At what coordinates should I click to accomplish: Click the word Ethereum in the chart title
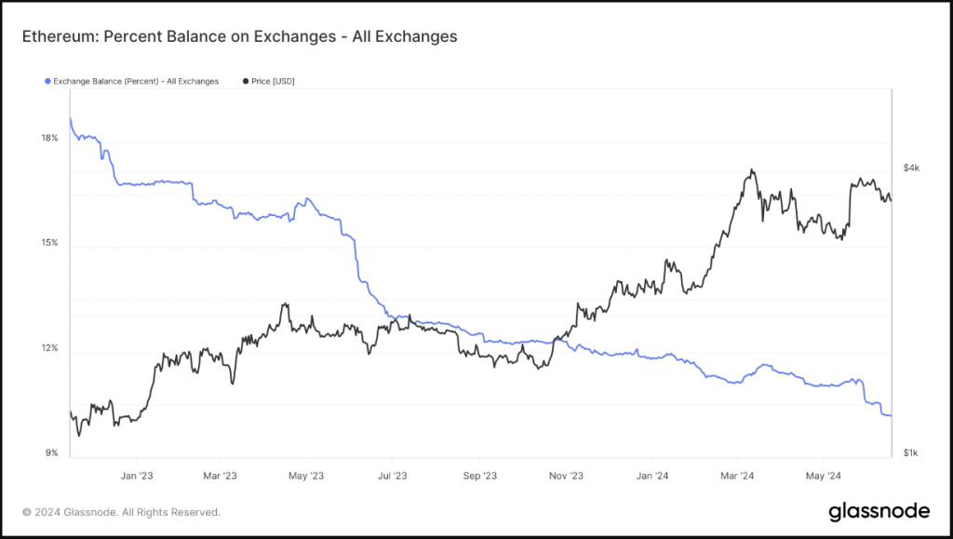pos(59,36)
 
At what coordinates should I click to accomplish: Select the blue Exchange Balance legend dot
pos(47,82)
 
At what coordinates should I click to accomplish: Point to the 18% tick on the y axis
pos(49,138)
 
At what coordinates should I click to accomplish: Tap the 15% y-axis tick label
pos(49,243)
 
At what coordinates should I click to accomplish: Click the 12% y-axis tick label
pos(49,348)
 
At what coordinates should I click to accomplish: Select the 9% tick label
pos(51,453)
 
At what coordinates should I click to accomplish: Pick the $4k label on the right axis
pos(911,168)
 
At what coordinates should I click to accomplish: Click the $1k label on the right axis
pos(911,453)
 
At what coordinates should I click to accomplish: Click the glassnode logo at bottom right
pos(879,511)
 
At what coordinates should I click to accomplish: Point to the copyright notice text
pos(121,512)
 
